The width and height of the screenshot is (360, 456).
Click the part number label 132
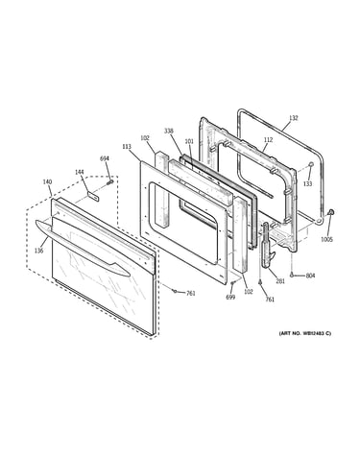click(293, 118)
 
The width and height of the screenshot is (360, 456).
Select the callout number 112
click(268, 140)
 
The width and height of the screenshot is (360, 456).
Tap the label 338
click(169, 131)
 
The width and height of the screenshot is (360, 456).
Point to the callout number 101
click(189, 141)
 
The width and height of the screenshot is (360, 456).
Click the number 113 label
click(127, 147)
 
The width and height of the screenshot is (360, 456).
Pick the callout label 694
click(105, 158)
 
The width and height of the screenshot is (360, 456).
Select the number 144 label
click(80, 172)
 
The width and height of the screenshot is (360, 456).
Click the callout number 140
click(47, 182)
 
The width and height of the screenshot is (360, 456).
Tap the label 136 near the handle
click(38, 251)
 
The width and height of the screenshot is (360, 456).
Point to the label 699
click(230, 298)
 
